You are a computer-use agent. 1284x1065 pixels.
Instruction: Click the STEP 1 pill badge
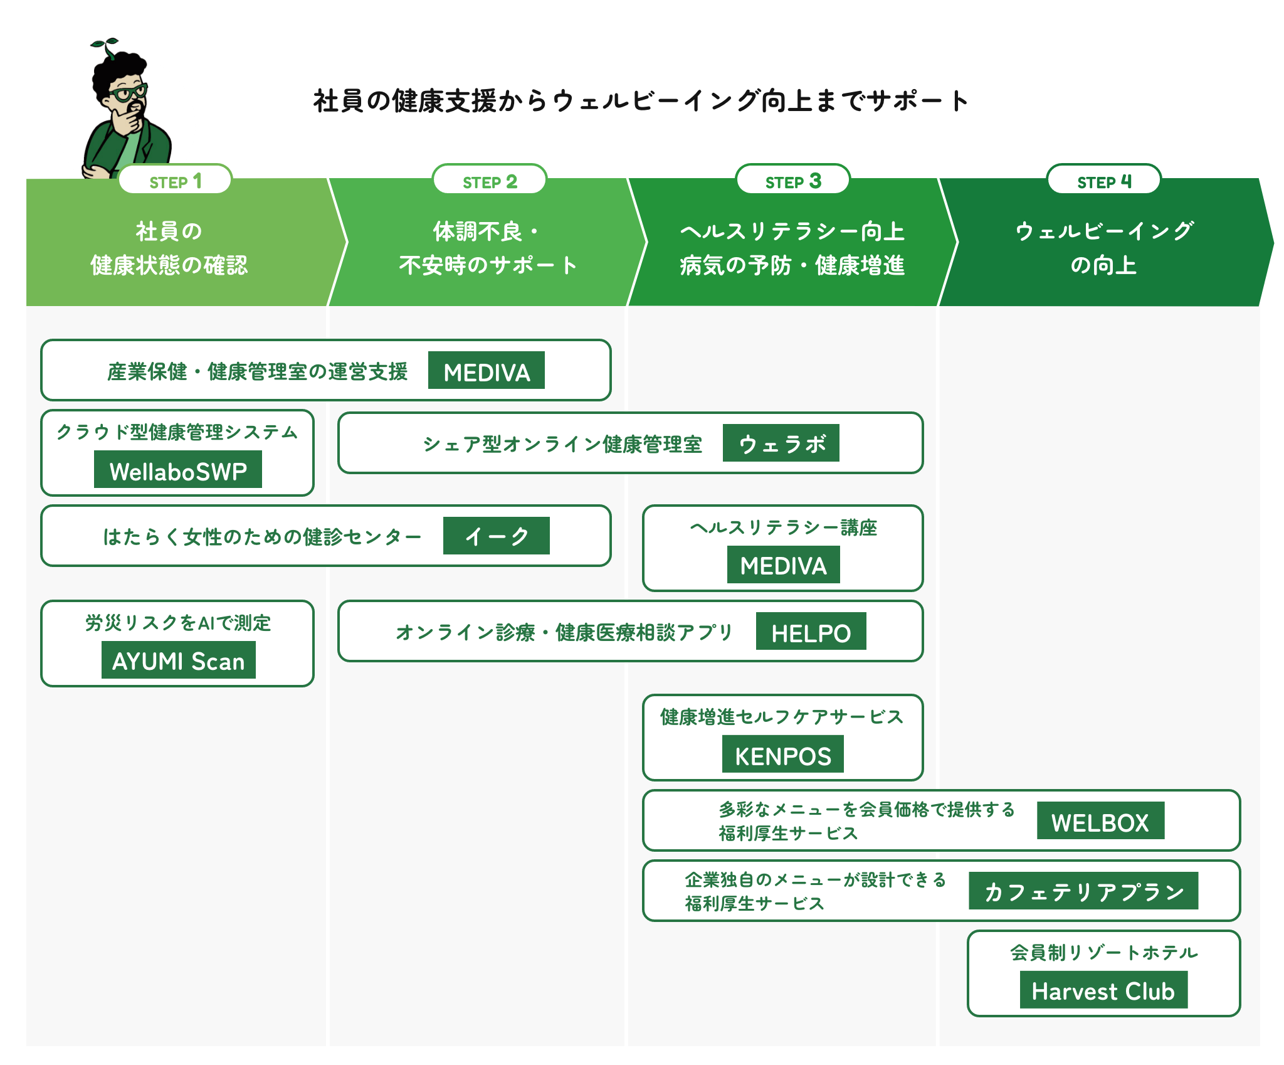175,181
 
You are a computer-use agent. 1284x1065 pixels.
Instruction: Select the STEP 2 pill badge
489,181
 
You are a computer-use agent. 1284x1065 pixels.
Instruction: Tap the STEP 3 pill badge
792,181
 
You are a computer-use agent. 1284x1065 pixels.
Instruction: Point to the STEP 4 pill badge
1103,181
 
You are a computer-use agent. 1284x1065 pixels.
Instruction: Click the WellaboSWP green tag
178,470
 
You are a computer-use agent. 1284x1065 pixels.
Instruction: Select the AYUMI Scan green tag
178,660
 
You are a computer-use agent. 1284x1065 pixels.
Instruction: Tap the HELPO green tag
811,632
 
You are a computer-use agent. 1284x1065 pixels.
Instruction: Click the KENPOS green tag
782,755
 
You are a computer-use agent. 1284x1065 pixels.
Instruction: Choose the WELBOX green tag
1100,821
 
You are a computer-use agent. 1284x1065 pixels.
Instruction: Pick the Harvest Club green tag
1103,990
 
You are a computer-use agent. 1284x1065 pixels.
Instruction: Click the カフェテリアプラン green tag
1083,891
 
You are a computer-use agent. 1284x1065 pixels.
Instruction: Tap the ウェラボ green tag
781,443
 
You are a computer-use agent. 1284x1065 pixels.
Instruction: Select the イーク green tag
496,536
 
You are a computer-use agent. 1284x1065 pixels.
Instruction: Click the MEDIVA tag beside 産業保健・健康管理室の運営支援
486,371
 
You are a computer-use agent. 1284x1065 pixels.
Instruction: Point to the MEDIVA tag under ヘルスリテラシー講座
783,565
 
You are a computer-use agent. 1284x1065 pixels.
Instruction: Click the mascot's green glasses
128,93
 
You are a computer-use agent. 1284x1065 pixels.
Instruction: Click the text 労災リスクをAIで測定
178,623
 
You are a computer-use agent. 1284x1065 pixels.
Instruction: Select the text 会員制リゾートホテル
1103,953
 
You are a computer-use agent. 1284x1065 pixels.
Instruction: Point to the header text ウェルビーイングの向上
1103,248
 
